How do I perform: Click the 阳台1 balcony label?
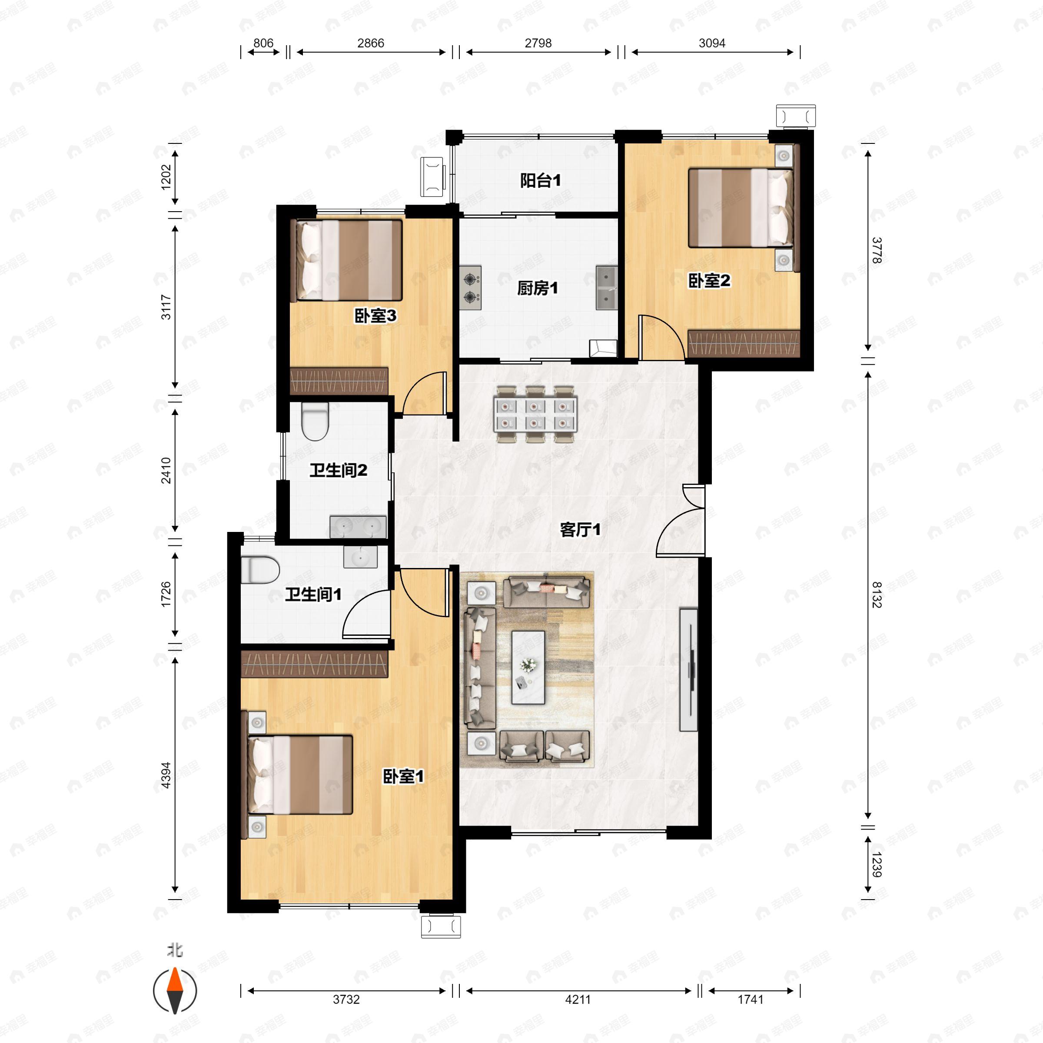coord(540,180)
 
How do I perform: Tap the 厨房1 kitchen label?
coord(537,288)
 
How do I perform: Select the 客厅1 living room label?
coord(580,530)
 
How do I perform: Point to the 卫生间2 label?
coord(338,470)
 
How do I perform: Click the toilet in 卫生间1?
coord(260,570)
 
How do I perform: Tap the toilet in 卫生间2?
coord(315,422)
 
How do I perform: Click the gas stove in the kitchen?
coord(471,288)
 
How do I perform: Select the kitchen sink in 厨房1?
coord(607,288)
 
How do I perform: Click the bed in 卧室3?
coord(347,260)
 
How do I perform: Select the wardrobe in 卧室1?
coord(314,664)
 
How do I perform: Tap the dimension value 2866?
coord(370,43)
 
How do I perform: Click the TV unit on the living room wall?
coord(688,669)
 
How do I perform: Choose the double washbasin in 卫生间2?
coord(358,527)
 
